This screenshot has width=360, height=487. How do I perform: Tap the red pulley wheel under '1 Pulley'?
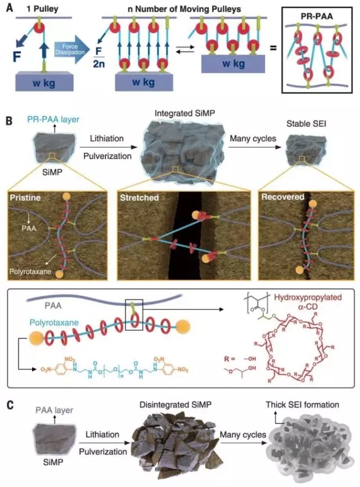tap(40, 26)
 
